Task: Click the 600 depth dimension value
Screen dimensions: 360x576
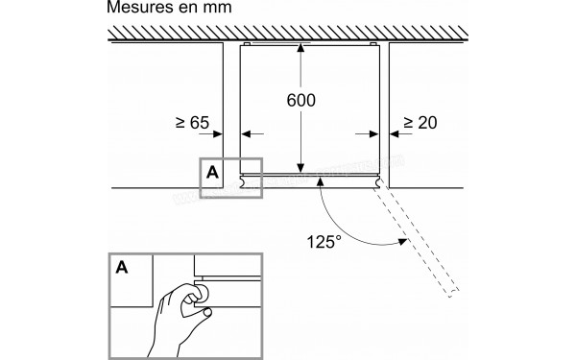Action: coord(300,100)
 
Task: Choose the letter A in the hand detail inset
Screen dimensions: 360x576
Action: coord(123,267)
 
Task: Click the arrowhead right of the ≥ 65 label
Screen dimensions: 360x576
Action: coord(219,133)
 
